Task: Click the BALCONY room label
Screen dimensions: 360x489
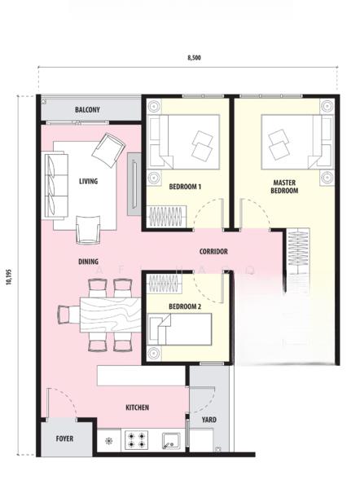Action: (x=87, y=109)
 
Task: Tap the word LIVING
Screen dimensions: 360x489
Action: (x=88, y=181)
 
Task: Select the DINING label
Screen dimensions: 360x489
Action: (x=88, y=262)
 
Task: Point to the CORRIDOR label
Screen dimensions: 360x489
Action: (x=213, y=251)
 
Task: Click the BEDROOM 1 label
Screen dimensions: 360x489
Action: (x=185, y=187)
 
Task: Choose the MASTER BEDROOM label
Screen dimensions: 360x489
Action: (x=284, y=187)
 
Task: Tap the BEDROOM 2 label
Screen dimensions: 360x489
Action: (x=185, y=306)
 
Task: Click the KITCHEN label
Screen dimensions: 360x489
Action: (x=137, y=407)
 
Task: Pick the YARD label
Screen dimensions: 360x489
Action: (x=209, y=420)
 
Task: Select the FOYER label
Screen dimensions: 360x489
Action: (x=64, y=438)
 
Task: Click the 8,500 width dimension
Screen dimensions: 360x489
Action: (x=194, y=58)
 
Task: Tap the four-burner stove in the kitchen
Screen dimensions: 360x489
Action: (x=137, y=440)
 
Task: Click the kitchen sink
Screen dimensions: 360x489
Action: (x=171, y=441)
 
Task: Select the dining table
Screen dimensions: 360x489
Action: (x=110, y=315)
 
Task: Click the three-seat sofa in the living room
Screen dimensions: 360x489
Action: (x=55, y=185)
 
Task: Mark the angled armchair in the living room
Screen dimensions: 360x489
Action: (x=108, y=150)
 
